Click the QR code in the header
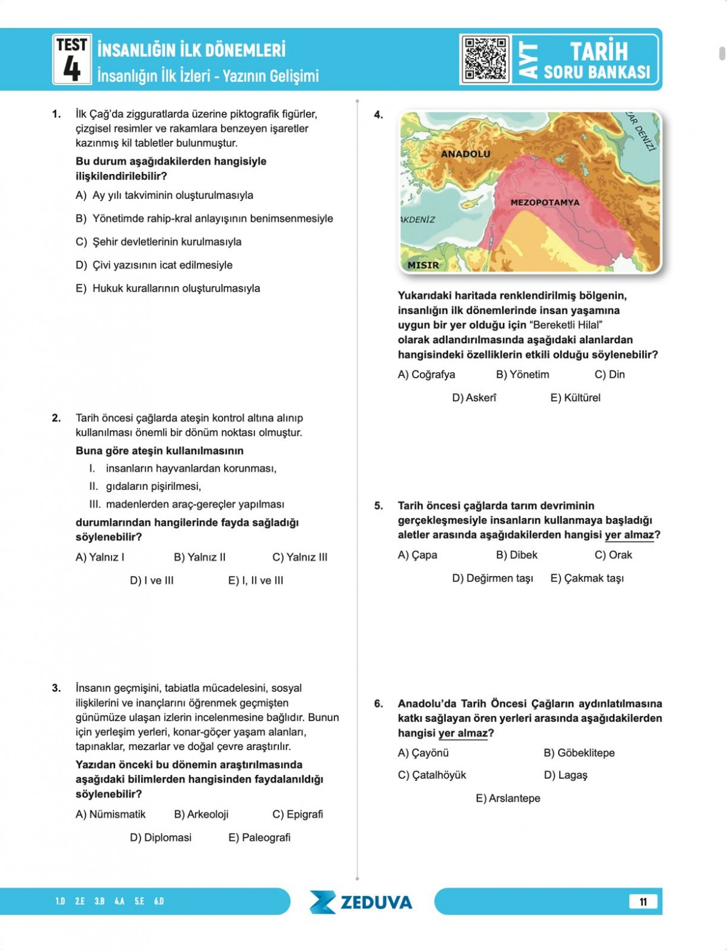pos(485,59)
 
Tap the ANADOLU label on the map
pos(465,154)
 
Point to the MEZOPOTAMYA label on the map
pos(545,202)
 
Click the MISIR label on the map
pos(423,265)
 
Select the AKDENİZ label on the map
pos(417,219)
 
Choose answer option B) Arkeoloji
pos(201,814)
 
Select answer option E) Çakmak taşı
pos(586,578)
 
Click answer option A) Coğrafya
pos(426,375)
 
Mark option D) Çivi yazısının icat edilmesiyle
pos(154,265)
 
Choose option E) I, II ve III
pos(256,581)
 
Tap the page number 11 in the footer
pos(643,901)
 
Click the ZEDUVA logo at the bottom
pos(361,902)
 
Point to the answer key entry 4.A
pos(119,901)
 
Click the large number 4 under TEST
pos(71,68)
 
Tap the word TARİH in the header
pos(599,51)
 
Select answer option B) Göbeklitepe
pos(579,753)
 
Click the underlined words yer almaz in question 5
pos(629,535)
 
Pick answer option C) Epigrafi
pos(297,814)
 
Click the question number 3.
pos(56,688)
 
